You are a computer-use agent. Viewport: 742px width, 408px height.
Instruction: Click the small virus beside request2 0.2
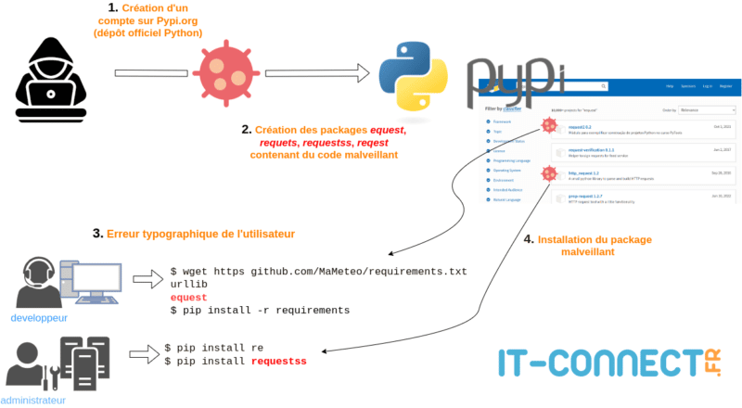[549, 125]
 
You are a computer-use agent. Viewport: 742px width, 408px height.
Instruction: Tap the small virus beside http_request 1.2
[549, 172]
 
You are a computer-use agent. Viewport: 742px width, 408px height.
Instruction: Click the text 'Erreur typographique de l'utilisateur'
[200, 234]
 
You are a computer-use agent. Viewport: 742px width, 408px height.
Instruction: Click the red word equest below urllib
[189, 298]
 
